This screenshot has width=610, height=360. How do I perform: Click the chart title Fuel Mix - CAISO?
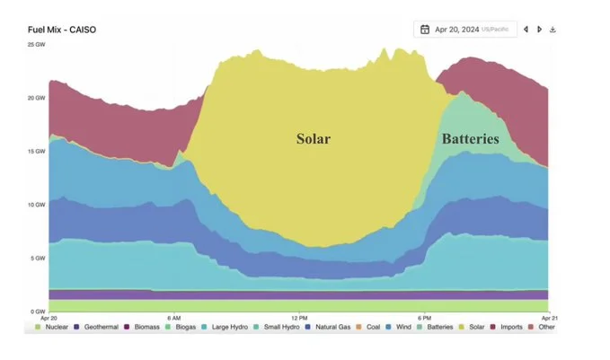(x=62, y=30)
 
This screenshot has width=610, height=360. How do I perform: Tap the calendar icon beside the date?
(x=424, y=30)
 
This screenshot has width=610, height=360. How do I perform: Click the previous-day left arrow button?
(x=526, y=30)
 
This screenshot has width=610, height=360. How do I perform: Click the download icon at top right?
(x=553, y=30)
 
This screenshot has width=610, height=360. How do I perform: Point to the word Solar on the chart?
(x=314, y=139)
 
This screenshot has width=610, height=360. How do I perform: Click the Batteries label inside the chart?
(x=470, y=139)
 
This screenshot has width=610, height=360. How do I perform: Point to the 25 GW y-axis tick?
(x=37, y=44)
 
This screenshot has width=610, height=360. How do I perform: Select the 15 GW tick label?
(x=37, y=151)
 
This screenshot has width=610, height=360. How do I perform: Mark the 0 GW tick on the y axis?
(x=39, y=312)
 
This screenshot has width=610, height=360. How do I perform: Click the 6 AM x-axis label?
(x=175, y=318)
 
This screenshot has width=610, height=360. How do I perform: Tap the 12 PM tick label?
(x=299, y=318)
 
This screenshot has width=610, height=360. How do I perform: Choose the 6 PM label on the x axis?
(x=424, y=318)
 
